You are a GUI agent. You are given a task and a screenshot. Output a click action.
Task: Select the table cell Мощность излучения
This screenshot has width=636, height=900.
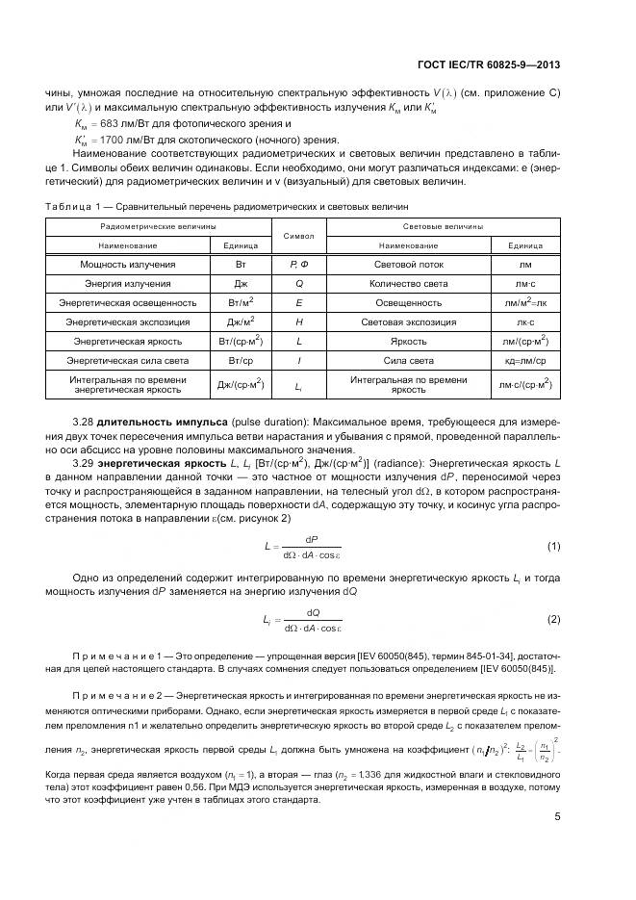point(128,263)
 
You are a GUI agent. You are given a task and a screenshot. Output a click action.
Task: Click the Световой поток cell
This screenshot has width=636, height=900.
point(408,263)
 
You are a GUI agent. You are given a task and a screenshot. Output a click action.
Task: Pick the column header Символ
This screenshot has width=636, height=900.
point(298,235)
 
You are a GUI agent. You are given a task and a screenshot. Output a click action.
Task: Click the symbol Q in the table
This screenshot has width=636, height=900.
point(298,284)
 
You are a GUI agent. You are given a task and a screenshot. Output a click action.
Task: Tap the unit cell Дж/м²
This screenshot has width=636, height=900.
point(241,322)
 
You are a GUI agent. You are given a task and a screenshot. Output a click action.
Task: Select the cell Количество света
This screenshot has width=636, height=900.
point(408,284)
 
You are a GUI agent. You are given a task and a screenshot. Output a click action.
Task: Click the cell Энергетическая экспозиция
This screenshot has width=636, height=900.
point(128,322)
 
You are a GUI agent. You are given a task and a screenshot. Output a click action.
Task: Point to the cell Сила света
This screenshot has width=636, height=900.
point(408,360)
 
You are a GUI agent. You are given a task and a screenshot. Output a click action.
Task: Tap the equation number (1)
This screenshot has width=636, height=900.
point(553,546)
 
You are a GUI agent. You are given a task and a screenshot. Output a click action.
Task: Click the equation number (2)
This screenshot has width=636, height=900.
point(553,619)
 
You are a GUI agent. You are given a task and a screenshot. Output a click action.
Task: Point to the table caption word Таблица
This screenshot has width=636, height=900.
point(65,206)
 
